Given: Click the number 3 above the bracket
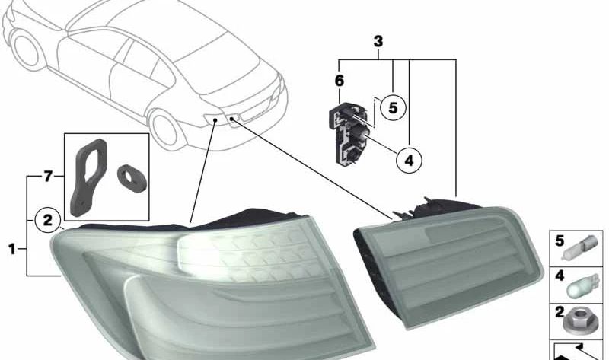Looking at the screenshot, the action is (378, 42).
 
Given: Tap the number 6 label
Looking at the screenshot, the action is (339, 81).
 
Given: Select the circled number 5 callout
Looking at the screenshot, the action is (393, 107).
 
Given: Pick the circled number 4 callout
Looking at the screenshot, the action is (409, 160).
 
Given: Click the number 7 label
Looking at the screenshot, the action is (48, 177).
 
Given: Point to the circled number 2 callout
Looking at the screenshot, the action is (47, 221).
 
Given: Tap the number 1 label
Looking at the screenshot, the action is (12, 249).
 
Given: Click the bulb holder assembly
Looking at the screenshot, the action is (349, 132).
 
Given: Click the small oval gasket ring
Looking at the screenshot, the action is (132, 179).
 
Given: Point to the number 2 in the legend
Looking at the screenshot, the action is (560, 312).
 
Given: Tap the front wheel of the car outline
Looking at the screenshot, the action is (27, 49).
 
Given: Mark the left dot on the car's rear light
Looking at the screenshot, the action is (215, 121).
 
